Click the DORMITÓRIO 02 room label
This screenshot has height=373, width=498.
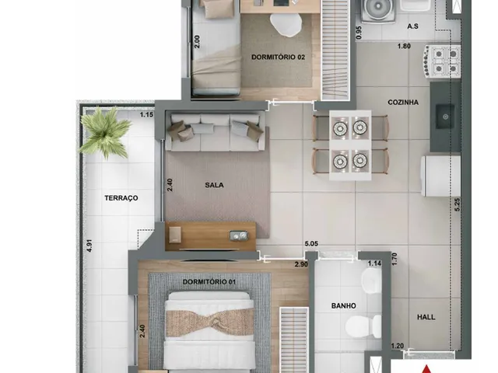tap(278, 57)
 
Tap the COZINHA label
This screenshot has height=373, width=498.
tap(403, 103)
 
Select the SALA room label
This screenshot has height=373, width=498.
tap(214, 185)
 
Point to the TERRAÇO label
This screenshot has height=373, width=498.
tap(121, 198)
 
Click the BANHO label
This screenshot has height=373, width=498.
tap(344, 305)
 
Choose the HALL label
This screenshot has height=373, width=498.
tap(426, 317)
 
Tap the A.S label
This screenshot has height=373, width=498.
tap(412, 26)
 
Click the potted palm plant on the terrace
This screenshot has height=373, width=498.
tap(104, 133)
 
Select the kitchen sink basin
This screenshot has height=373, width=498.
tap(444, 117)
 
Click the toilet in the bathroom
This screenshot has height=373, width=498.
tap(363, 326)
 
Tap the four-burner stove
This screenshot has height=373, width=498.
tap(441, 61)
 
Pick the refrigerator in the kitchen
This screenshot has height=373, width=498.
tap(440, 176)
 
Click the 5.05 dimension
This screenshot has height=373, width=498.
tap(311, 244)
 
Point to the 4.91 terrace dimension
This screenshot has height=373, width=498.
tap(89, 246)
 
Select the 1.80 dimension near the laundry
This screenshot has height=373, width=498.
tap(404, 46)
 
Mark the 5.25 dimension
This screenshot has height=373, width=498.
tap(457, 205)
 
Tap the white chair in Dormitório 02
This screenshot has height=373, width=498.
tap(286, 24)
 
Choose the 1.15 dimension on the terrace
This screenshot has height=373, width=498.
tap(147, 115)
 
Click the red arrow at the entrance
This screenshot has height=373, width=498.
tap(427, 369)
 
